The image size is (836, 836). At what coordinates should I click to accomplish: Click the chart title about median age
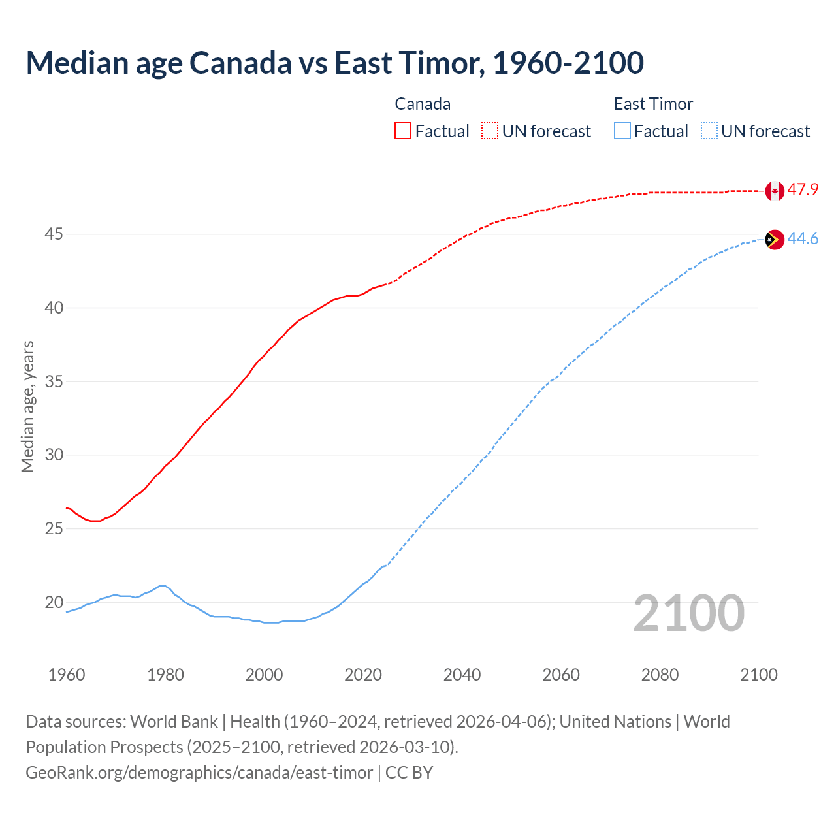(x=334, y=63)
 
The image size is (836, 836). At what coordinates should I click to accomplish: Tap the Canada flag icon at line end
(x=775, y=191)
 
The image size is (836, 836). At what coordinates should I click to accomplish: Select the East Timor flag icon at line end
(x=775, y=240)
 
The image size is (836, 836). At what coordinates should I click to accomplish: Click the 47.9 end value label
(x=803, y=190)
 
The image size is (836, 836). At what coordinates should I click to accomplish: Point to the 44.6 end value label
(x=803, y=239)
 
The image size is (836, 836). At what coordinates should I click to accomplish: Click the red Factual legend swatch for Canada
(x=403, y=131)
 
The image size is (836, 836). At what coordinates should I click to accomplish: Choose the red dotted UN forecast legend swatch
(x=490, y=131)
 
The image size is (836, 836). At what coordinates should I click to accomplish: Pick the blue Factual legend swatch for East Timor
(x=622, y=131)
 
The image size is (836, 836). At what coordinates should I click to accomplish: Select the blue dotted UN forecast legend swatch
(x=709, y=131)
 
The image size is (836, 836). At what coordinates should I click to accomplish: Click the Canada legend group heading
(x=423, y=104)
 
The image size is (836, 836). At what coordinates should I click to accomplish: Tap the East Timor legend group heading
(x=653, y=104)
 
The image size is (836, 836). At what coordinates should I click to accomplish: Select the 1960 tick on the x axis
(x=67, y=675)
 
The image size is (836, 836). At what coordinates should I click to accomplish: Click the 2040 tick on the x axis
(x=462, y=675)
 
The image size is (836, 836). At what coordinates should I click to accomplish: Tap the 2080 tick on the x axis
(x=660, y=675)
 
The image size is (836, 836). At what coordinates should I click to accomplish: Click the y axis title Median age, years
(x=27, y=406)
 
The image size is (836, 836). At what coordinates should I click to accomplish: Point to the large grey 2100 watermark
(x=688, y=613)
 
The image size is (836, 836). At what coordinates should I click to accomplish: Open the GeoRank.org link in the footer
(x=199, y=773)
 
